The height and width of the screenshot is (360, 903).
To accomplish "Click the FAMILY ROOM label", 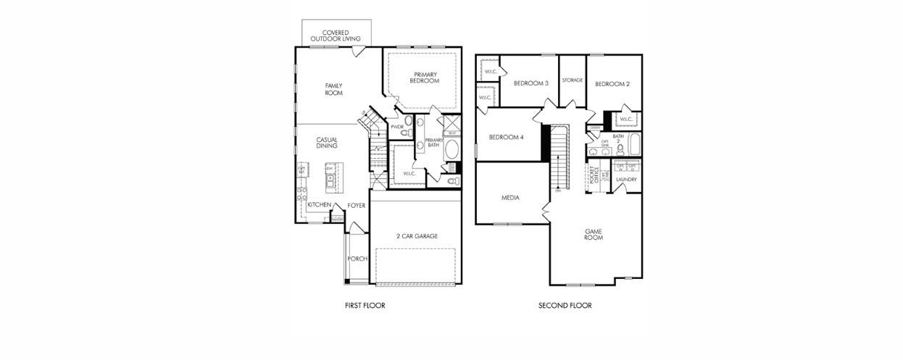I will (333, 89).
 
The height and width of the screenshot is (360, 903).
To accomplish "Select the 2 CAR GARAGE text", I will (417, 236).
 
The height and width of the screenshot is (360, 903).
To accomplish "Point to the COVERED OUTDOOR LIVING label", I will (336, 35).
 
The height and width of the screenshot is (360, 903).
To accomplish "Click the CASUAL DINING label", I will (327, 143).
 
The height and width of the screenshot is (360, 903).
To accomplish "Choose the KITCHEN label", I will (319, 205).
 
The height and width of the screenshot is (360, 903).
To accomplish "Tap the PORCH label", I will (357, 259).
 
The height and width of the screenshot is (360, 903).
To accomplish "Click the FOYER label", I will (357, 206).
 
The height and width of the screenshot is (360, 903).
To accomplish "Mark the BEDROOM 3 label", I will (530, 83).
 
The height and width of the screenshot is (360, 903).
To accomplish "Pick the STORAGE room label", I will (572, 80).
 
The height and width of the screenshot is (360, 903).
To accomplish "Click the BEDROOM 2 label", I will (612, 84).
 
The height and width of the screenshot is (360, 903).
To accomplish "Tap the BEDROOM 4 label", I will (506, 137).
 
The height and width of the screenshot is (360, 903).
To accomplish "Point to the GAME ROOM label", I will (594, 235).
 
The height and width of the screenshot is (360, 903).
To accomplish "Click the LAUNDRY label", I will (626, 180).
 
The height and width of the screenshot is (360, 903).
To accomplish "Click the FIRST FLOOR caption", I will (365, 306).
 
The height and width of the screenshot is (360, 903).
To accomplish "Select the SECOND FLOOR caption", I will (565, 306).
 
